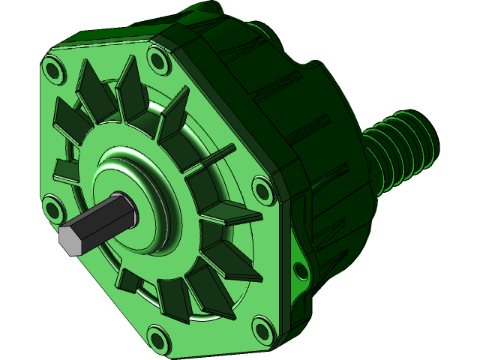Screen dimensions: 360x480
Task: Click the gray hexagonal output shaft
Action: click(105, 221)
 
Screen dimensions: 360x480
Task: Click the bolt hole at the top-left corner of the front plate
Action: click(54, 70)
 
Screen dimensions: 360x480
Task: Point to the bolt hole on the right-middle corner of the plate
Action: click(262, 187)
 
